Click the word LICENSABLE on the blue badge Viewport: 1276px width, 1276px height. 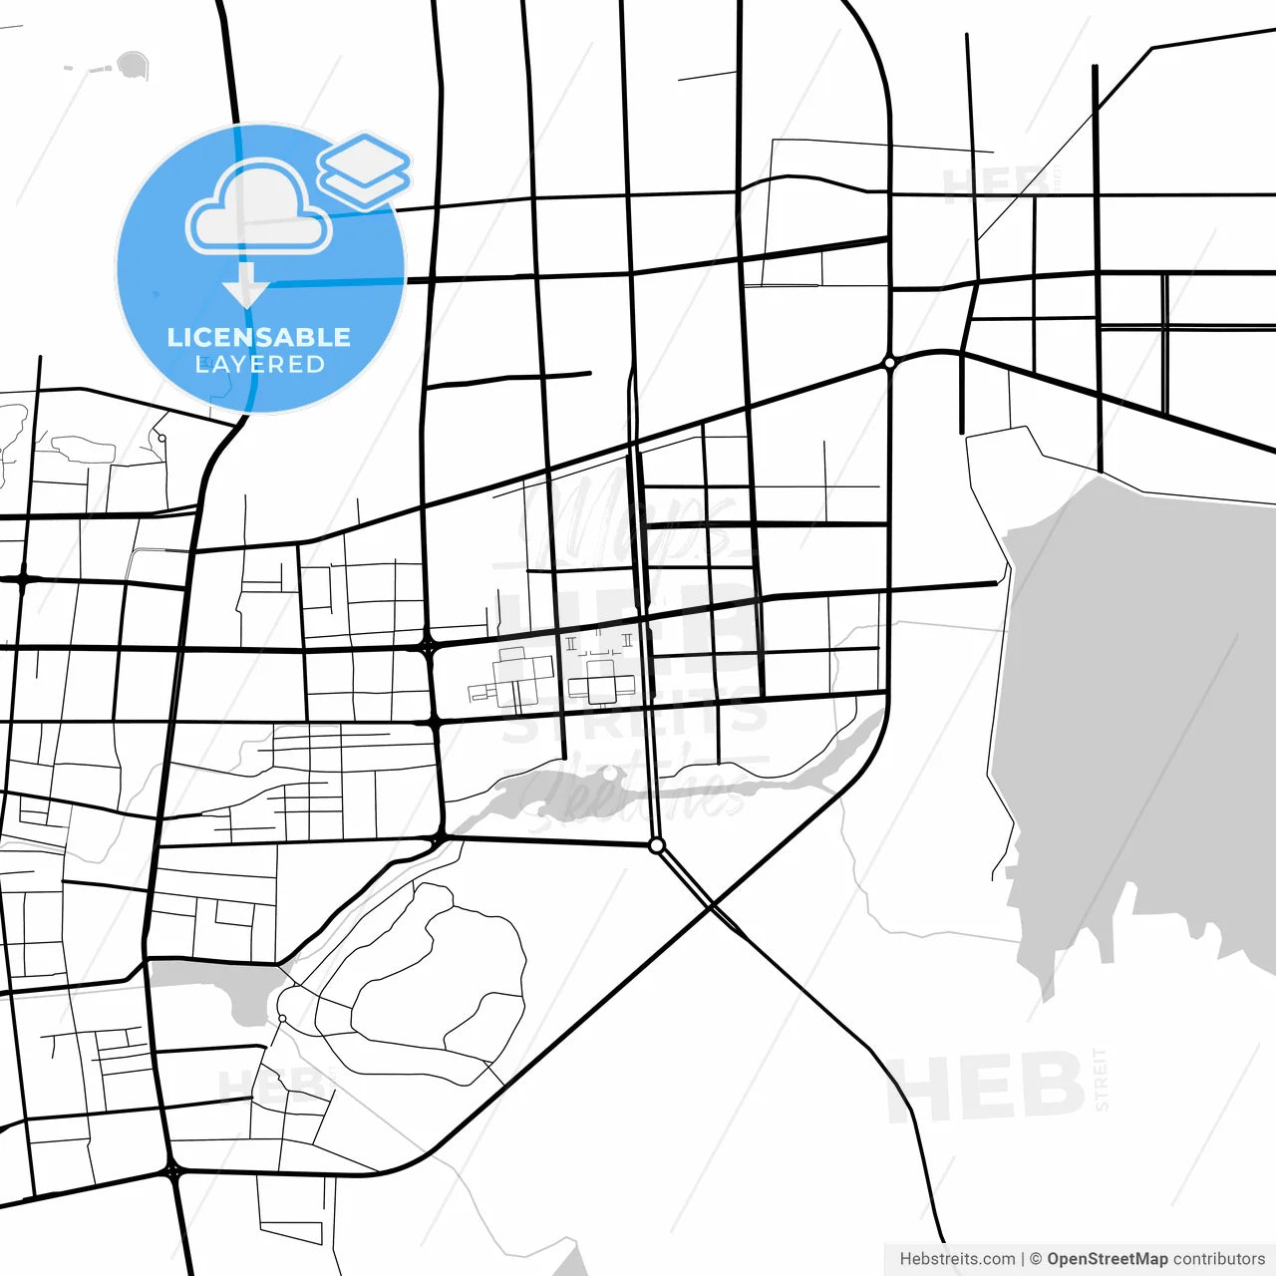pyautogui.click(x=259, y=337)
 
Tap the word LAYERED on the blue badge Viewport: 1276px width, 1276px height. pyautogui.click(x=259, y=365)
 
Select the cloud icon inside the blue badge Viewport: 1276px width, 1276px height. pyautogui.click(x=259, y=207)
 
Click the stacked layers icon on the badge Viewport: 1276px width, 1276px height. pyautogui.click(x=365, y=169)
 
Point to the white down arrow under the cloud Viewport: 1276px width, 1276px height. pyautogui.click(x=245, y=286)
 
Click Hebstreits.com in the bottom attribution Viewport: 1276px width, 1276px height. pyautogui.click(x=957, y=1259)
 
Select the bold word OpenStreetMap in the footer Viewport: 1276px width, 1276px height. pyautogui.click(x=1107, y=1259)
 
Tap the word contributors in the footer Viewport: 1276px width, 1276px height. pyautogui.click(x=1218, y=1259)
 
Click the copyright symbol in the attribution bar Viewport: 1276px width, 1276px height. pyautogui.click(x=1036, y=1259)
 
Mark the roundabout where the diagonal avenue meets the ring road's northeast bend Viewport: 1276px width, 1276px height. pyautogui.click(x=889, y=364)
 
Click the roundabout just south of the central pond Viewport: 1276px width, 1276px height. pyautogui.click(x=656, y=845)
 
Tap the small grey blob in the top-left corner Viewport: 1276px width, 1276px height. pyautogui.click(x=132, y=66)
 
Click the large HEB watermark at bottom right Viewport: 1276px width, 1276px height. pyautogui.click(x=987, y=1087)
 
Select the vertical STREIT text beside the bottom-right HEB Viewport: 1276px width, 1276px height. pyautogui.click(x=1101, y=1079)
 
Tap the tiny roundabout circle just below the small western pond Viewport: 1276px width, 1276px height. pyautogui.click(x=282, y=1018)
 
